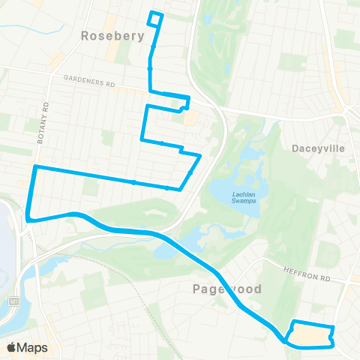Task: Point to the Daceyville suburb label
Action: coord(317,148)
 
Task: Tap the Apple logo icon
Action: coord(11,347)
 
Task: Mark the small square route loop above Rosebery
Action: coord(155,19)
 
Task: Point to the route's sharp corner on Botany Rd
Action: coord(34,166)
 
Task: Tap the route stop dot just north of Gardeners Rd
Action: coord(150,69)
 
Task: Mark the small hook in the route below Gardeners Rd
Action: coord(183,106)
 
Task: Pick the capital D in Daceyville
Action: coord(294,148)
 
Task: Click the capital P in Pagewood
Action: coord(196,289)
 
